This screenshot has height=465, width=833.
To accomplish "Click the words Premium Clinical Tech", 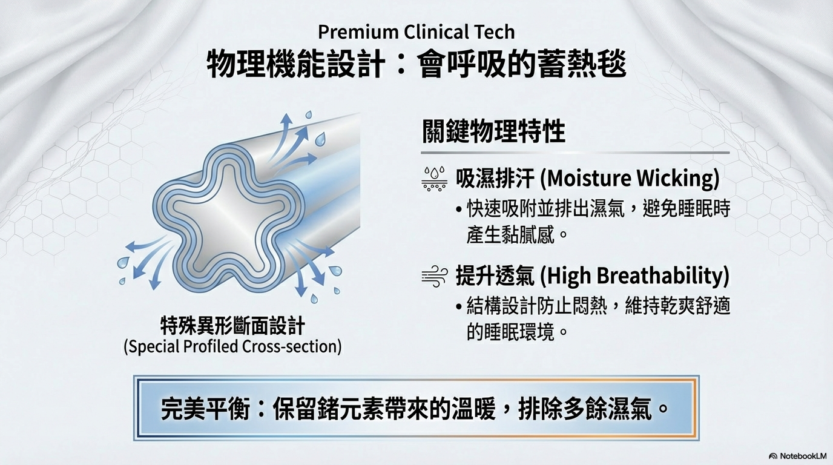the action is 416,32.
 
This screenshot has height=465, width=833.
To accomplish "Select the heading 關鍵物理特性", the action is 493,131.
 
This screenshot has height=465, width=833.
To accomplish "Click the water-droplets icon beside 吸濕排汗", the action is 434,179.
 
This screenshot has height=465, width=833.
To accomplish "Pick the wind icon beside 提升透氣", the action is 434,276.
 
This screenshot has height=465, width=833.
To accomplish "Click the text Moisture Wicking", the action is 629,178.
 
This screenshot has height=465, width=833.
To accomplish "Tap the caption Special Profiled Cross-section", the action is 232,346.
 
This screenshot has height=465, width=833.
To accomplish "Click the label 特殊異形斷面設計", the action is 232,326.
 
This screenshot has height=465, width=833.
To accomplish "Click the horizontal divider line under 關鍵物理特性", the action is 575,153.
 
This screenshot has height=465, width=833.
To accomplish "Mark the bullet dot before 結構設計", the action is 459,307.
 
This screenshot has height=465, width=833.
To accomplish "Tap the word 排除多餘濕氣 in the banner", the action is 585,409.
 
